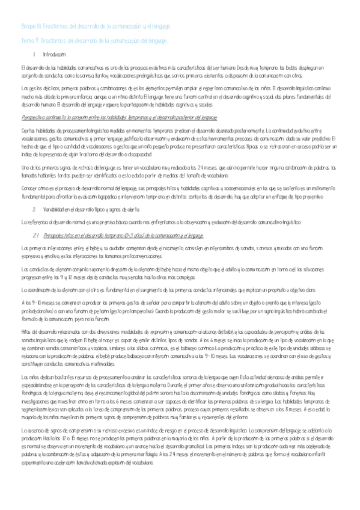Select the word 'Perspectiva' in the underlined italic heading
click(34, 118)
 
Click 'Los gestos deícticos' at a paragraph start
click(43, 87)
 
